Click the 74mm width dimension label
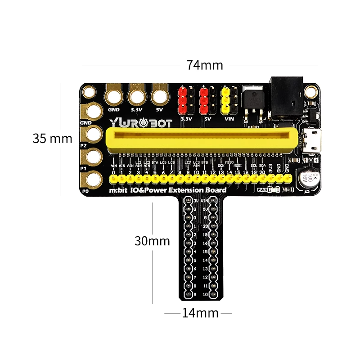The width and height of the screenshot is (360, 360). [205, 65]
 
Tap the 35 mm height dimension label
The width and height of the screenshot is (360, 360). [52, 138]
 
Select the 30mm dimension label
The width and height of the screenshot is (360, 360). [152, 241]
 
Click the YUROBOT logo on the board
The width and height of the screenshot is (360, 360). [140, 123]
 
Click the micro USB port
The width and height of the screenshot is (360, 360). [311, 141]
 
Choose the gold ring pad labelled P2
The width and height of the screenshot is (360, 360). [94, 134]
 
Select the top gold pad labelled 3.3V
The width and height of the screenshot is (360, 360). [136, 96]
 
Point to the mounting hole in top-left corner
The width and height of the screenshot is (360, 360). [89, 93]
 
